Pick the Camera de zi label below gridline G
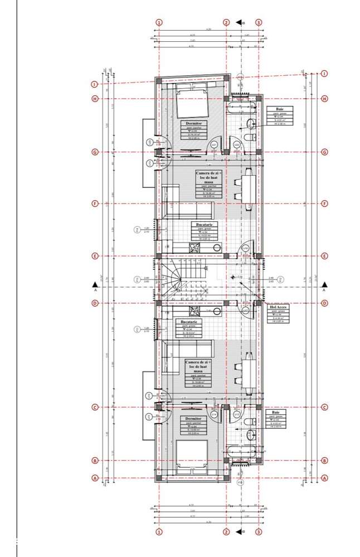pos(208,183)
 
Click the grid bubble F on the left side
pos(95,204)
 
